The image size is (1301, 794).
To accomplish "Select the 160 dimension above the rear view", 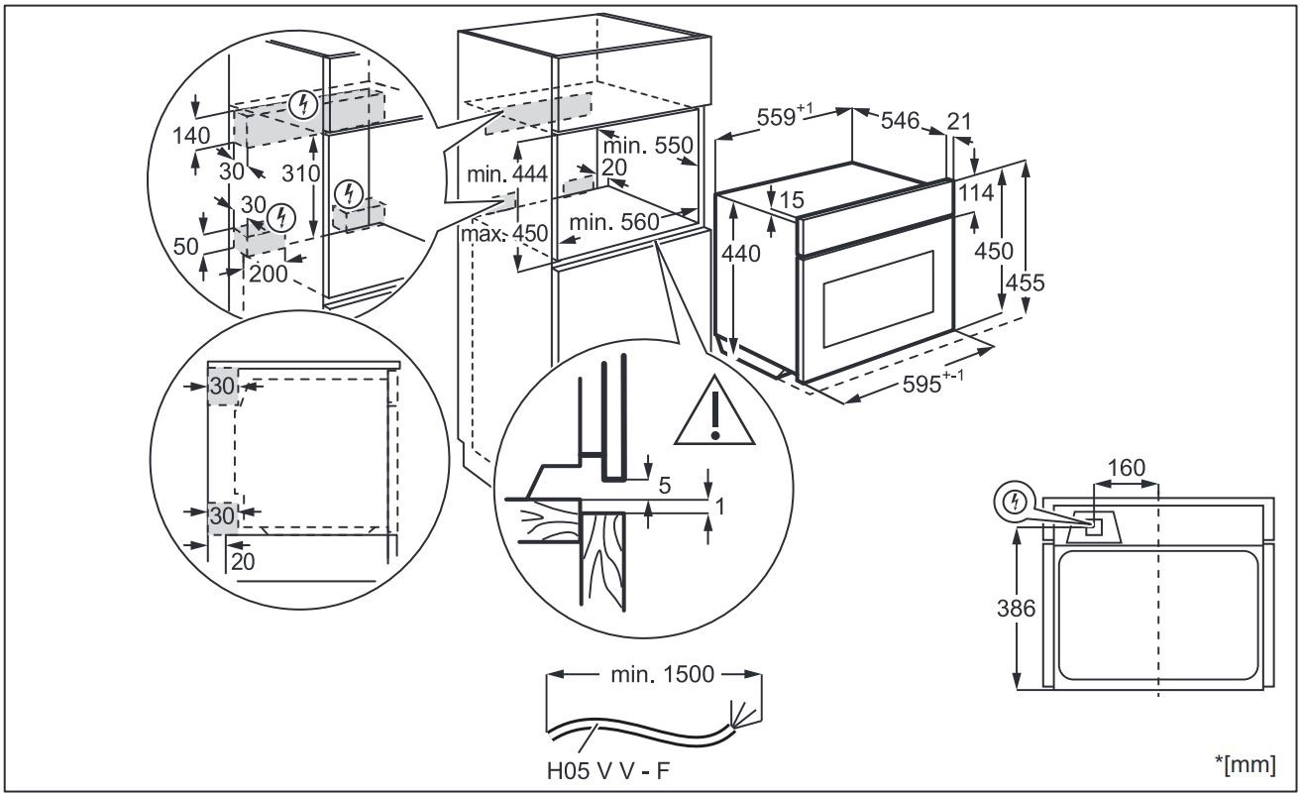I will pos(1126,467).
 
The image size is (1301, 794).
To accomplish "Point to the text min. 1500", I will pos(655,675).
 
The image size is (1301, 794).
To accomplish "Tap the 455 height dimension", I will pos(1026,283).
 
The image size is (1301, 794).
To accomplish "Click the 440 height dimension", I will pos(741,254).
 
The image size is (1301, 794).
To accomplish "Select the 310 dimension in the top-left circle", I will pos(298,172).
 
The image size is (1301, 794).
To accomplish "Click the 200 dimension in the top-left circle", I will pos(269,273).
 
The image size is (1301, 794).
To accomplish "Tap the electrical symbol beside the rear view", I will pos(1012,503).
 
